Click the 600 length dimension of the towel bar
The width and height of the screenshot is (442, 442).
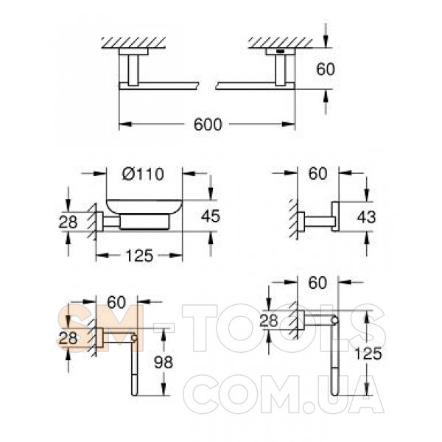tap(208, 124)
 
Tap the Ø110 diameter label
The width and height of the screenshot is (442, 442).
tap(143, 174)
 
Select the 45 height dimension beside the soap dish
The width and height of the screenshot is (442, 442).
tap(211, 216)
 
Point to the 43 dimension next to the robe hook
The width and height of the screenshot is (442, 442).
tap(366, 217)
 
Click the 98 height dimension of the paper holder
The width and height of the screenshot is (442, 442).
tap(164, 362)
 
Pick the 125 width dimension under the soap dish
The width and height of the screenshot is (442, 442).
tap(139, 256)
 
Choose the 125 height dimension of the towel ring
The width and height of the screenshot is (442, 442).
tap(368, 354)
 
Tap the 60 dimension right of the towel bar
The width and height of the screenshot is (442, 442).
tap(326, 69)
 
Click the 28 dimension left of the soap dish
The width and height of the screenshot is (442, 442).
tap(68, 222)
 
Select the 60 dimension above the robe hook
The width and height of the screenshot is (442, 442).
tap(318, 173)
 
